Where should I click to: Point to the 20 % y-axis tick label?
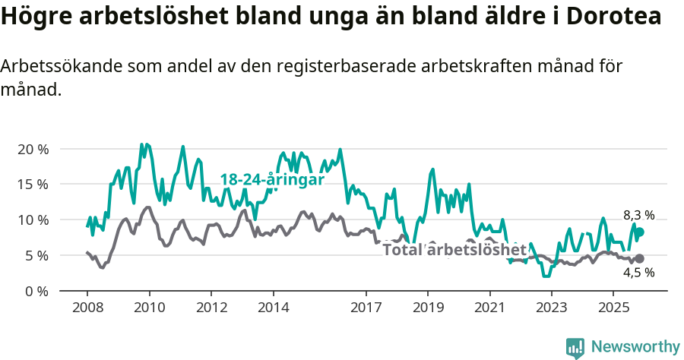(x=33, y=149)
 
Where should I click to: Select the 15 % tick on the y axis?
(x=33, y=185)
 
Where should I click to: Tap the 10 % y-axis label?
(x=33, y=220)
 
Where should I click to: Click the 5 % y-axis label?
(x=36, y=256)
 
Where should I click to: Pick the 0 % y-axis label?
(x=36, y=292)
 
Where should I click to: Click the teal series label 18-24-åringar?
(x=272, y=180)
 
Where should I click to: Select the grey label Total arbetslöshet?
(x=454, y=250)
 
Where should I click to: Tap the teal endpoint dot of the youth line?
(x=639, y=232)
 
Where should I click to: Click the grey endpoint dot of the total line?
(x=639, y=259)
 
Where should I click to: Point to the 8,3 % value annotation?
(x=638, y=215)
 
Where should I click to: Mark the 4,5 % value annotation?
(x=638, y=273)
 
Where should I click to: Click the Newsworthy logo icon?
(x=575, y=347)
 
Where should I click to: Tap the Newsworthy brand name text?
(x=635, y=347)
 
